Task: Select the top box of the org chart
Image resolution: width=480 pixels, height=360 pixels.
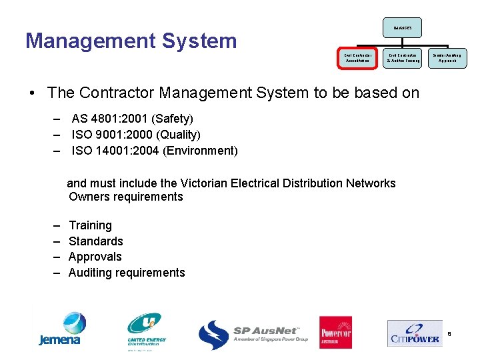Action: click(402, 27)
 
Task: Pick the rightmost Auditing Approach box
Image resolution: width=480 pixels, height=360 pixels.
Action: click(446, 57)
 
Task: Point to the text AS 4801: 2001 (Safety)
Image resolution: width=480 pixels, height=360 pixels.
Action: click(132, 119)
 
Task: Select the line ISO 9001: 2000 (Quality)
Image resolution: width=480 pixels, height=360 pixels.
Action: click(135, 135)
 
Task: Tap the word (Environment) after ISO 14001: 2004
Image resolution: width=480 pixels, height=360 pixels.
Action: click(200, 151)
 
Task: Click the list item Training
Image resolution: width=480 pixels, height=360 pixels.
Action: click(90, 225)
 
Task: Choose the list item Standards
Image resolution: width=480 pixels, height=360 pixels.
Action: click(95, 241)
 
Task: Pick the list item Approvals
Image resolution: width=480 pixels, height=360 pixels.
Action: click(95, 257)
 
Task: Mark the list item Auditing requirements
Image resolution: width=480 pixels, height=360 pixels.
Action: click(127, 273)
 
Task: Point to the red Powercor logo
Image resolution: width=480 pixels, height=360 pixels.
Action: click(335, 332)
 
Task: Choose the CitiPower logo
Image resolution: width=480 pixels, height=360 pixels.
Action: click(415, 333)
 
